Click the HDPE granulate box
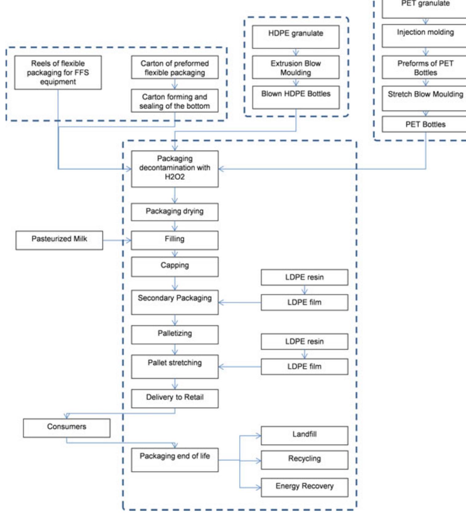tap(295, 37)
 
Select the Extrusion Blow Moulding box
tap(295, 67)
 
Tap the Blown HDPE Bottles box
tap(295, 97)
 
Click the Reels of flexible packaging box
tap(58, 73)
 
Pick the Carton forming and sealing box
tap(175, 101)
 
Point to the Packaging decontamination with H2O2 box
tap(175, 168)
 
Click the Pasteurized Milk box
tap(59, 240)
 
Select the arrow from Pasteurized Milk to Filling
tap(117, 240)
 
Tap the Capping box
tap(175, 267)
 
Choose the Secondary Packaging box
tap(175, 302)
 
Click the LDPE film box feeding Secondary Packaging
tap(304, 302)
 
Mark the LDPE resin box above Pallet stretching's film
tap(304, 341)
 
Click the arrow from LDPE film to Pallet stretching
tap(239, 367)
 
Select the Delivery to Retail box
tap(175, 398)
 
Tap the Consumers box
tap(66, 428)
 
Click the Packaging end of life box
tap(175, 460)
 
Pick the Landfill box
tap(304, 435)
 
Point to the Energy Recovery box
tap(304, 487)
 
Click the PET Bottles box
tap(425, 124)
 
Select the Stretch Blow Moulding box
tap(425, 98)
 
